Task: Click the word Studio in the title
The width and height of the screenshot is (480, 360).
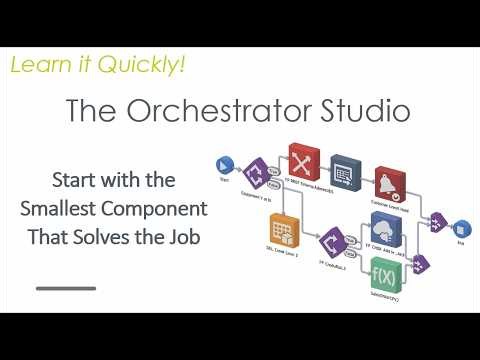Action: pyautogui.click(x=364, y=111)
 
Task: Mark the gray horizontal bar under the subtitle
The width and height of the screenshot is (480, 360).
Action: pyautogui.click(x=66, y=288)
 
